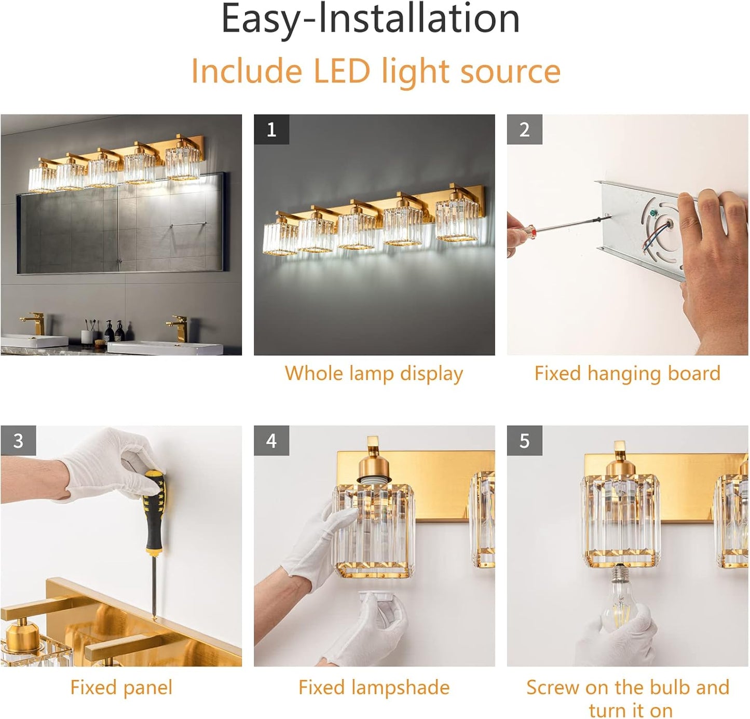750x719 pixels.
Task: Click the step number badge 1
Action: pyautogui.click(x=271, y=129)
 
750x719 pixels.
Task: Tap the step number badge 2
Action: pyautogui.click(x=524, y=129)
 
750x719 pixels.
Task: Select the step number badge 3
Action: pyautogui.click(x=18, y=441)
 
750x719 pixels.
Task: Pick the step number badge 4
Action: pyautogui.click(x=271, y=441)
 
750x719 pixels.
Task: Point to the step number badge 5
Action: pyautogui.click(x=524, y=441)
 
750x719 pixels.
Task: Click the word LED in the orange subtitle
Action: pyautogui.click(x=342, y=71)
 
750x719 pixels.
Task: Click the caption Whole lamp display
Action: pyautogui.click(x=374, y=373)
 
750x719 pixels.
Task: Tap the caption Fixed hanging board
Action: pyautogui.click(x=627, y=373)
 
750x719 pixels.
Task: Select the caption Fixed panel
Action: pyautogui.click(x=121, y=687)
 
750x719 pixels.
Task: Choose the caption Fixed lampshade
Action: pyautogui.click(x=374, y=687)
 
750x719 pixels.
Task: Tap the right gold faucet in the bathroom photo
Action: pyautogui.click(x=178, y=327)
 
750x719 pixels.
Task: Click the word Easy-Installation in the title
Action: pyautogui.click(x=371, y=19)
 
